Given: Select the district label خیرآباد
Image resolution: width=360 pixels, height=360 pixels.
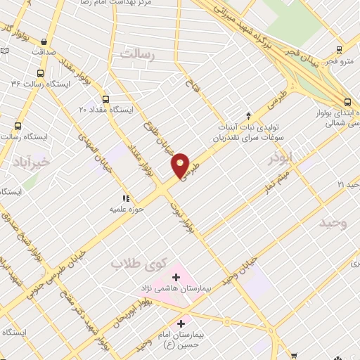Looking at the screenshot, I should [30, 161].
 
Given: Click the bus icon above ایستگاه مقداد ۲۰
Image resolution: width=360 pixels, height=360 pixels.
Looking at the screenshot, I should [106, 99].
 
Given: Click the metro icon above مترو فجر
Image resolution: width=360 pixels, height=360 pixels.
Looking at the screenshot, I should [340, 49].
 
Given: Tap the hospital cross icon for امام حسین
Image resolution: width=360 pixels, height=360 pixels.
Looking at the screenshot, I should [181, 324].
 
